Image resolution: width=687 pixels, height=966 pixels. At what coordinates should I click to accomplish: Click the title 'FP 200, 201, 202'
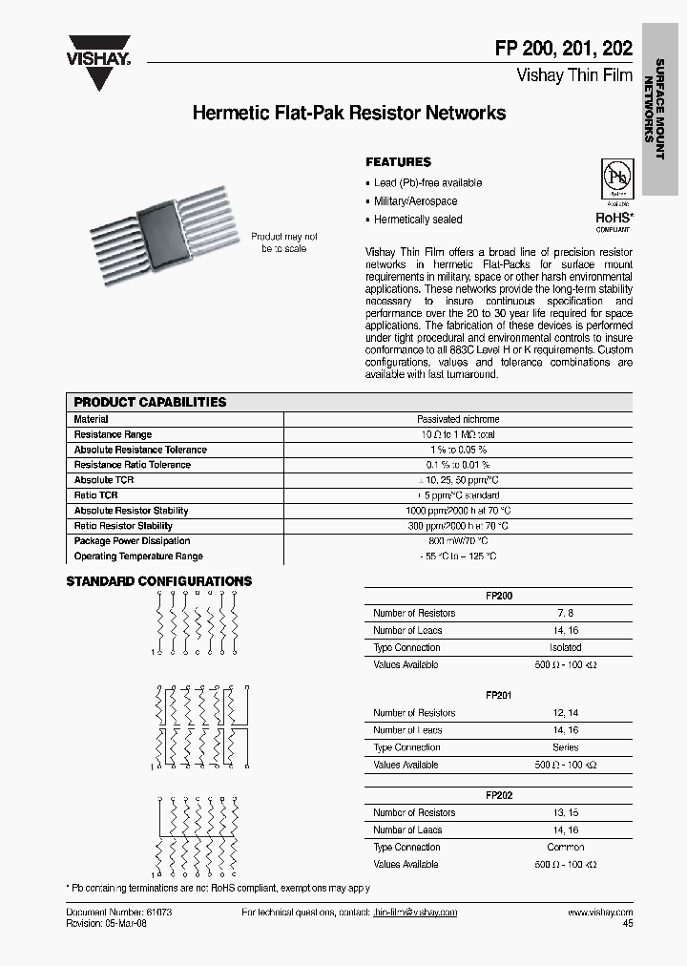[x=574, y=51]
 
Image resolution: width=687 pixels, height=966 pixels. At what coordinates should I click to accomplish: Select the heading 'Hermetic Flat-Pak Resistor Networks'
[x=349, y=114]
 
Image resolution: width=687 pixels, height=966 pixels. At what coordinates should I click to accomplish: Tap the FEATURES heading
[x=399, y=162]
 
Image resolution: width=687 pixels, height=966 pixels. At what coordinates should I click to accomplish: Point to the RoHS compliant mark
[x=614, y=219]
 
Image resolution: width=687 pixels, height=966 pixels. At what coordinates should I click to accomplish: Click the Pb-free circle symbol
[x=616, y=177]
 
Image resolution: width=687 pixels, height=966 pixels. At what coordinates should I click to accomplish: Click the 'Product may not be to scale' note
[x=284, y=242]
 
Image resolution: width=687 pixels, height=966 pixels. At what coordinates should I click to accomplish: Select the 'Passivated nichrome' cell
[x=458, y=419]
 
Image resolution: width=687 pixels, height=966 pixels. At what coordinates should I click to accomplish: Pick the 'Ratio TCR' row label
[x=96, y=495]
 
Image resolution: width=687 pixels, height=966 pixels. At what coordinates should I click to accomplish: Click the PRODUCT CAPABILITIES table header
[x=151, y=402]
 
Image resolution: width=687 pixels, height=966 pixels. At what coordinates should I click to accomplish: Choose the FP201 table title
[x=498, y=696]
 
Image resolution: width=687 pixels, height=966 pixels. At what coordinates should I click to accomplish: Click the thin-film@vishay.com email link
[x=415, y=913]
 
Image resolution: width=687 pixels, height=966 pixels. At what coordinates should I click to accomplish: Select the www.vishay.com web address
[x=599, y=913]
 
